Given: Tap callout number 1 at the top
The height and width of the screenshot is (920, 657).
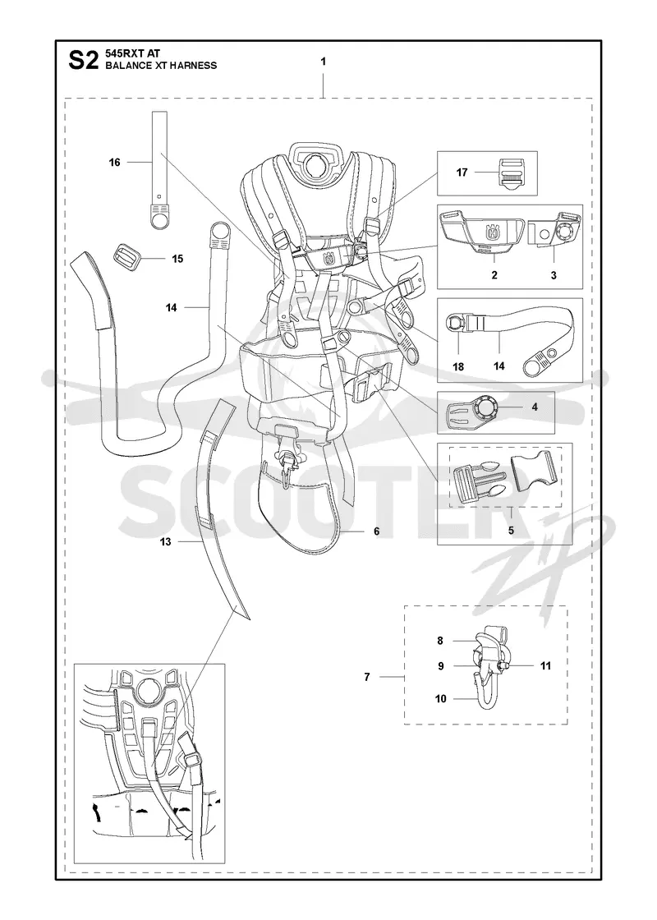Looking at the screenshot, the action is click(324, 61).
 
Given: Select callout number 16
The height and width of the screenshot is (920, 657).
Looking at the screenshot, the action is click(114, 162).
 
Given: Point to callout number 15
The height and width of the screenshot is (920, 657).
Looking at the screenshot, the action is click(177, 259).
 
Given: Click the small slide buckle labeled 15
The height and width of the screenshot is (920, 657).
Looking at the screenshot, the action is click(126, 256).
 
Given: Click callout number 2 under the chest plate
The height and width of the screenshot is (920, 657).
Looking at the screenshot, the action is click(494, 274).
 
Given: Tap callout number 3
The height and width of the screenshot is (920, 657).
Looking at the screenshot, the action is click(554, 274).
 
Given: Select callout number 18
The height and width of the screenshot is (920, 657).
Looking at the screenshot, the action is click(458, 366).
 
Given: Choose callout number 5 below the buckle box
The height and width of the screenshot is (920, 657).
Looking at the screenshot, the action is click(511, 530).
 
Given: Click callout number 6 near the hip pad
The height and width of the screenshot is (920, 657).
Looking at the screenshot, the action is click(377, 531).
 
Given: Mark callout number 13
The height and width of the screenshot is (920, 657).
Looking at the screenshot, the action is click(165, 541).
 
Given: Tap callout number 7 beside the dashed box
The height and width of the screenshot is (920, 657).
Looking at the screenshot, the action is click(367, 677).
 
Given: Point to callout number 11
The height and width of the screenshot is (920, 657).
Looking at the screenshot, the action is click(545, 665).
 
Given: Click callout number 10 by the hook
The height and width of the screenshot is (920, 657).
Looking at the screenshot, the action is click(440, 698).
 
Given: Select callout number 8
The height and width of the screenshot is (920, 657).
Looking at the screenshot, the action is click(440, 641).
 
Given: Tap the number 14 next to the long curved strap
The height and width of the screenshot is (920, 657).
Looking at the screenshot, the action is click(172, 307).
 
